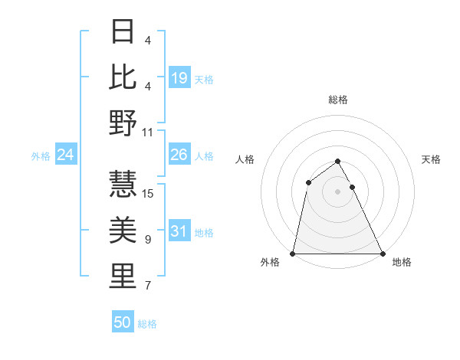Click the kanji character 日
(x=123, y=33)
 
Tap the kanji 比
(x=123, y=77)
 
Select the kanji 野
(x=123, y=123)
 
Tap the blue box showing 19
(x=179, y=77)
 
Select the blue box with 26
(x=179, y=155)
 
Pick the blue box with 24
(x=66, y=155)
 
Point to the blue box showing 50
(x=123, y=322)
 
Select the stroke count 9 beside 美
(x=148, y=240)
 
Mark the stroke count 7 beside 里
(x=148, y=286)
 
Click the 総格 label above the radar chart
(x=337, y=100)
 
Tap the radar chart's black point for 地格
(x=382, y=254)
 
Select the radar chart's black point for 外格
(x=293, y=254)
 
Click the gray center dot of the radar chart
(x=337, y=191)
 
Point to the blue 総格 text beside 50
(x=147, y=323)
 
